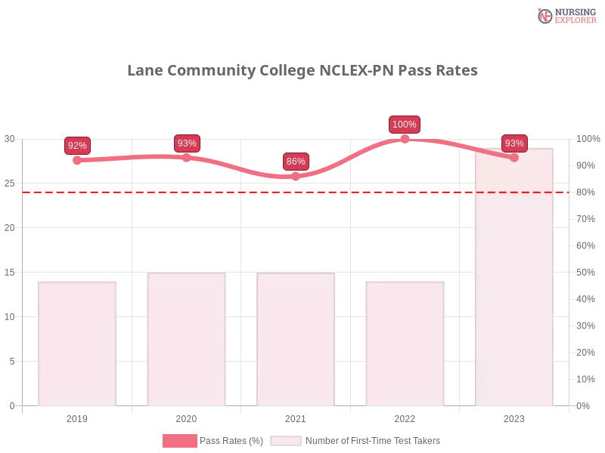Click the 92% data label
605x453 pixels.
pos(77,146)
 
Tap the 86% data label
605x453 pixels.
pos(296,162)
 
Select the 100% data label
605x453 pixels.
pos(405,125)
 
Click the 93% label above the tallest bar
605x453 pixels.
pos(514,143)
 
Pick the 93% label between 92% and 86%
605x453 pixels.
pos(186,143)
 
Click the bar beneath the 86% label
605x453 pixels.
pos(296,340)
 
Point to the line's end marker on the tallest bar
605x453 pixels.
pos(514,158)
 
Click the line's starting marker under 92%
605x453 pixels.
pos(78,160)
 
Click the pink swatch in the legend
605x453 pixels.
pos(179,441)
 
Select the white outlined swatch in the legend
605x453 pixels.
pos(286,441)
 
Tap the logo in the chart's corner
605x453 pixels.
pos(565,15)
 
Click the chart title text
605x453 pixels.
pos(302,72)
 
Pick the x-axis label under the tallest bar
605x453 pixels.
pos(514,418)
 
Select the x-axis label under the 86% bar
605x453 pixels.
pos(296,418)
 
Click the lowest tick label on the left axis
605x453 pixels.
pos(11,405)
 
